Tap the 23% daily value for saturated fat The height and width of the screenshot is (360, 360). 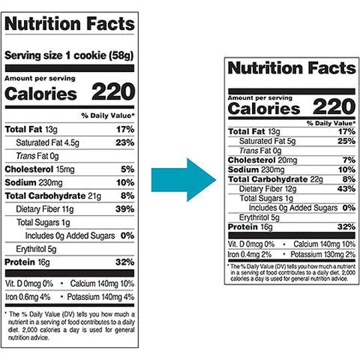click(x=125, y=141)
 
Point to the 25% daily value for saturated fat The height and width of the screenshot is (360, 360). click(x=345, y=141)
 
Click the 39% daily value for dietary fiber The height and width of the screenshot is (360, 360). click(x=125, y=209)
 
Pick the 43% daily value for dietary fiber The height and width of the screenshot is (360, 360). click(x=345, y=189)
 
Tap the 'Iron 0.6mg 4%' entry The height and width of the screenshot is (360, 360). click(x=29, y=297)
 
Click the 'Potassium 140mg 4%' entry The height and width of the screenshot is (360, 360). click(x=102, y=297)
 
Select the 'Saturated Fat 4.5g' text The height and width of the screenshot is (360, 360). click(x=47, y=141)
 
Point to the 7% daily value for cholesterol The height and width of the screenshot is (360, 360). click(x=348, y=160)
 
